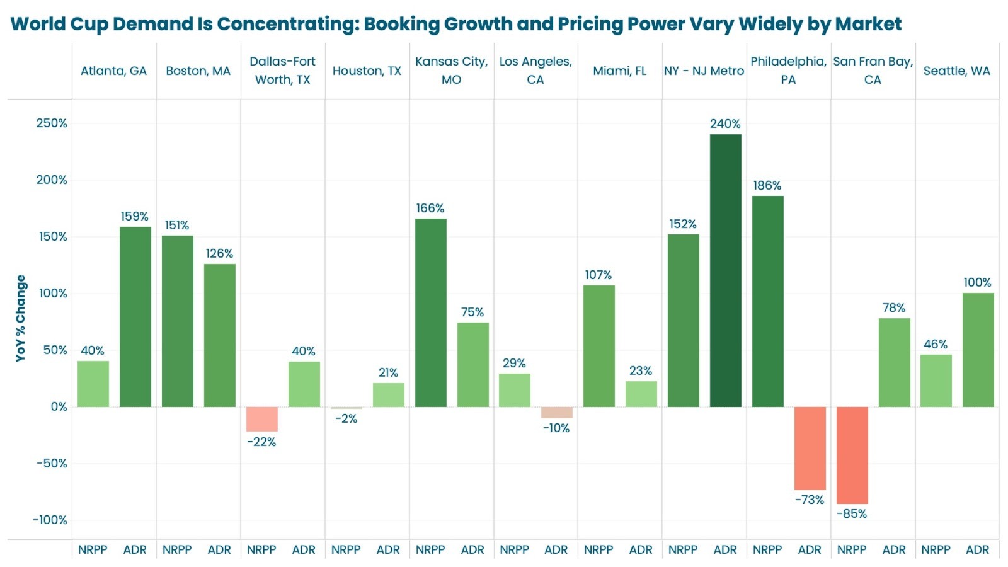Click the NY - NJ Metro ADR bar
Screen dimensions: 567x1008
(725, 270)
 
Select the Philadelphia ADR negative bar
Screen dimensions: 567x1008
(810, 448)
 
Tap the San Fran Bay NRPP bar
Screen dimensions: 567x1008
(852, 455)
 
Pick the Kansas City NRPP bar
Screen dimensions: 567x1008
(430, 312)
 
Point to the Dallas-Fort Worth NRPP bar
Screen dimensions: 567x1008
(261, 419)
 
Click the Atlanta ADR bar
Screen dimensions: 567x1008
(135, 316)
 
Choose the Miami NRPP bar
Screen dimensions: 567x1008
(598, 346)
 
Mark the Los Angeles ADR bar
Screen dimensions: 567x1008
(556, 413)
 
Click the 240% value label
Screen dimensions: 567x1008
(725, 124)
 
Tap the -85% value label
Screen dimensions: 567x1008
(852, 514)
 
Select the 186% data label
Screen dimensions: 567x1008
(767, 186)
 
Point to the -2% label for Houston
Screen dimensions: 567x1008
(346, 419)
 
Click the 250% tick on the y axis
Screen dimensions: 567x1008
(51, 123)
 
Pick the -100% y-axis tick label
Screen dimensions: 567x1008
(50, 520)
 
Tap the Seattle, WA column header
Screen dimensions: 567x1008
(956, 71)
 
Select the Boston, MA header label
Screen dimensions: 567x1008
(198, 71)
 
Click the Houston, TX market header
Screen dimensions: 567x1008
(367, 71)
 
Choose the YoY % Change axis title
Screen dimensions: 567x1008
(21, 318)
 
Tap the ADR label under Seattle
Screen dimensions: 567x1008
(977, 550)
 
